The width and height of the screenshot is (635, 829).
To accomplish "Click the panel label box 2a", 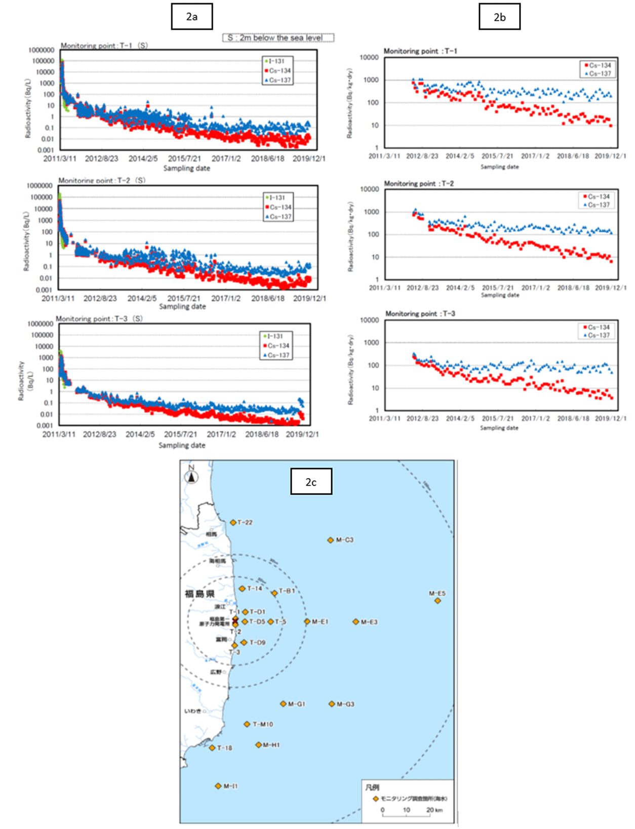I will point(191,17).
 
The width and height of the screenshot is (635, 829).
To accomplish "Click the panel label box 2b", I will point(499,17).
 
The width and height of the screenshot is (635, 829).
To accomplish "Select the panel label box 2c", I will point(311,482).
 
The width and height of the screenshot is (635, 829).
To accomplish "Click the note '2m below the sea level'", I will point(278,37).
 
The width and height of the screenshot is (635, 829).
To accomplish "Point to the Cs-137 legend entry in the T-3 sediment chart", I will point(598,335).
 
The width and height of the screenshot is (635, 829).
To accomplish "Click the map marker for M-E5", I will point(438,601).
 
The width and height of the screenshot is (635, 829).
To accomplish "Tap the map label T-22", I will point(245,522).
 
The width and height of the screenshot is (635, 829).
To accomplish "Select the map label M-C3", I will point(344,540).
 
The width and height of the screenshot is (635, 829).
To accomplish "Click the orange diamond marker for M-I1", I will point(218,786).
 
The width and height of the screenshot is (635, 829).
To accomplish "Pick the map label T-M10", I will point(262,724).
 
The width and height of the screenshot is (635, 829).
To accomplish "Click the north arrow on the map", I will point(191,476).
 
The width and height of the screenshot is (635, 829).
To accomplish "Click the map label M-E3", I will point(369,622).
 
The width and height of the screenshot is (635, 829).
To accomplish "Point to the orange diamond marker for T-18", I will point(212,748).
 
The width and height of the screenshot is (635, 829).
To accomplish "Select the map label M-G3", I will point(345,704).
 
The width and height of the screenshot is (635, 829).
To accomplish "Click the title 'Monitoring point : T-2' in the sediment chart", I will point(419,183).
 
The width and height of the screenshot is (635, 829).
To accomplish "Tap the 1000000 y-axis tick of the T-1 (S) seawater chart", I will point(42,50).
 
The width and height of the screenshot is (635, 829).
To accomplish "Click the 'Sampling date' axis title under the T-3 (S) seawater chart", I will point(182,445).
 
